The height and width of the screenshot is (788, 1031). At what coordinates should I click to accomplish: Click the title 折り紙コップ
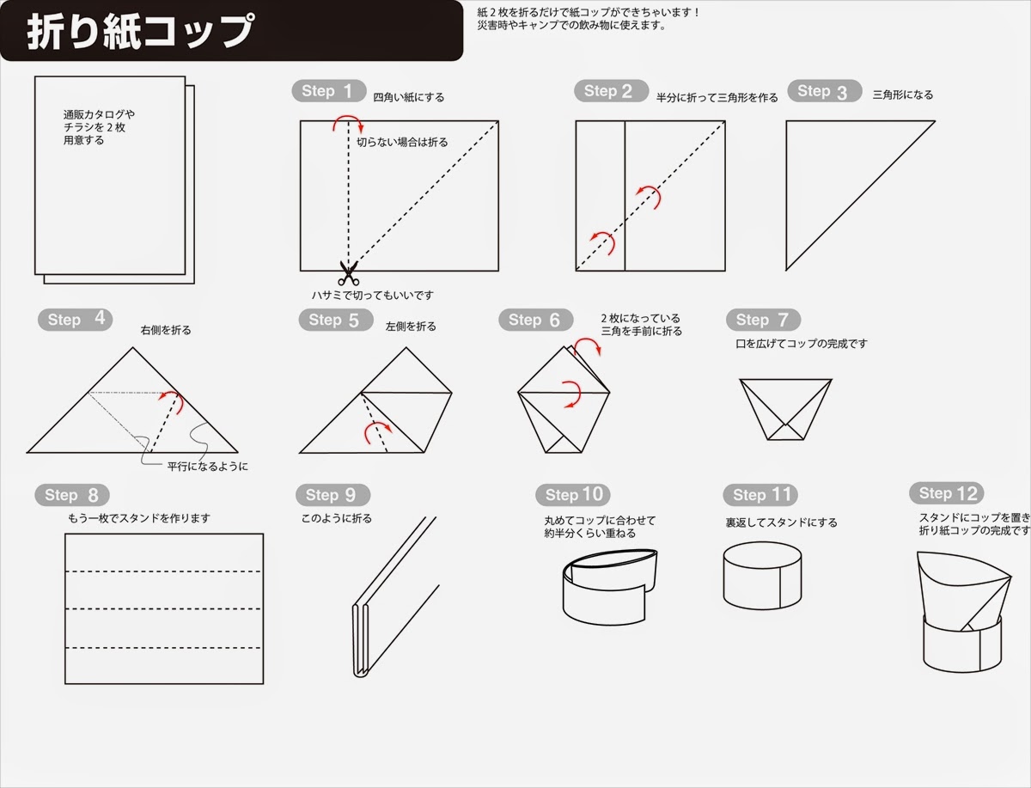(141, 32)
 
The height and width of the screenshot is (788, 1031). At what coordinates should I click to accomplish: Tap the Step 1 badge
(329, 90)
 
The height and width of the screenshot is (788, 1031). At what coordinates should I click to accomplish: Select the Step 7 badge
(763, 320)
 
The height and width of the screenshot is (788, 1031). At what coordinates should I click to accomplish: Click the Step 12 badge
(947, 493)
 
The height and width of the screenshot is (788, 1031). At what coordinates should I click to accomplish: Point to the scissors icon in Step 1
(349, 273)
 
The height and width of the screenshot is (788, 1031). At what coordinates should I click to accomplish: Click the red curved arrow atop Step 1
(348, 121)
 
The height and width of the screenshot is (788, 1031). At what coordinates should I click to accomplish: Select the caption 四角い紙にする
(409, 97)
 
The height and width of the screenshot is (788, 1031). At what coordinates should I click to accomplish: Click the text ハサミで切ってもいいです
(373, 295)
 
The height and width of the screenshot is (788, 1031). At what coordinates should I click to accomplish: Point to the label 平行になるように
(208, 467)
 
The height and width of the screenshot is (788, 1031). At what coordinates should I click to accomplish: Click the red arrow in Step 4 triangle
(172, 401)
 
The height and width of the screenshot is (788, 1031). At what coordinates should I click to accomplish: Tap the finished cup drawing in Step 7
(785, 409)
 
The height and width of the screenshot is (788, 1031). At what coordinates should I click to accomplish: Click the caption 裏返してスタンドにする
(781, 522)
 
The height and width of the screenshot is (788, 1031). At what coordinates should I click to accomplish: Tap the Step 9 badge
(333, 495)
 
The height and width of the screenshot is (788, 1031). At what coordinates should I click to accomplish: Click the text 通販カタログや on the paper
(99, 114)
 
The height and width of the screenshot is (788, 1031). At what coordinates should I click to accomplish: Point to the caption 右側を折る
(166, 330)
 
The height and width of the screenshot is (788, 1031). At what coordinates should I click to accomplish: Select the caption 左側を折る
(411, 327)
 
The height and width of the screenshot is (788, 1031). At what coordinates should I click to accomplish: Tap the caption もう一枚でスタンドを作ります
(139, 518)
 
